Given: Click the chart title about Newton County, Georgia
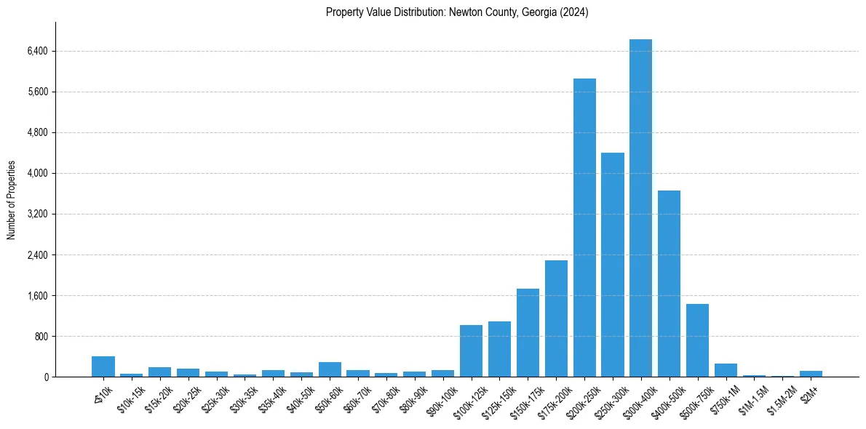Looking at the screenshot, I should tap(457, 12).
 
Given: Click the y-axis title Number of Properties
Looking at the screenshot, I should tap(12, 200).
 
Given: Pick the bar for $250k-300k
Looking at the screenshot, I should tap(613, 265).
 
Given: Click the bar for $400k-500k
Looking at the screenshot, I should tap(669, 284).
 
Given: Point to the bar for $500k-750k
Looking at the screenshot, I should tap(697, 340).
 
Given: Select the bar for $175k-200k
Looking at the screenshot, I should tap(556, 318).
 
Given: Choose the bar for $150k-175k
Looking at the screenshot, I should tap(528, 333).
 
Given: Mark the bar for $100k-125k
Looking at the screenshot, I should tap(471, 351).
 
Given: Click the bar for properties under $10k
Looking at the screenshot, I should tap(103, 366).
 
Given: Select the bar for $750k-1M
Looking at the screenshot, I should tap(726, 370).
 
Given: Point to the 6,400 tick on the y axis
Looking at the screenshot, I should tap(36, 51).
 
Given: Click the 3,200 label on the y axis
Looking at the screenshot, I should tap(36, 214).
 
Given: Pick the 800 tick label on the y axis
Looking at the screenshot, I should tap(39, 337).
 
